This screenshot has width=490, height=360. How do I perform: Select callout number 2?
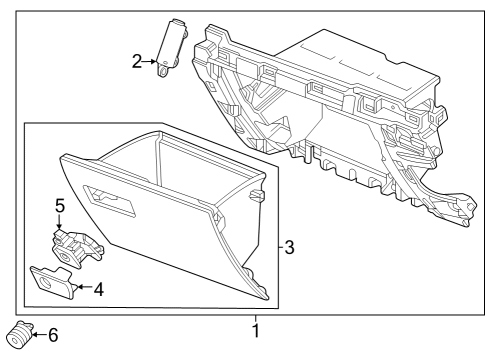tap(137, 62)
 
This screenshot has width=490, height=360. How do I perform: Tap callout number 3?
tap(289, 246)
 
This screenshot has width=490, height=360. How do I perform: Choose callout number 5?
tap(59, 206)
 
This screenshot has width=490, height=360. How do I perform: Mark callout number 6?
tap(52, 335)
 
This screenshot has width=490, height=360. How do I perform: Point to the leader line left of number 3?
tap(278, 246)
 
